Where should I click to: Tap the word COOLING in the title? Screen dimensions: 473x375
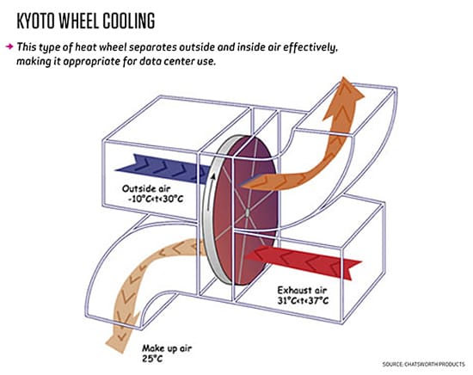[x=129, y=22]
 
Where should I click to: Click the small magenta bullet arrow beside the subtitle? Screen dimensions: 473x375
[x=9, y=46]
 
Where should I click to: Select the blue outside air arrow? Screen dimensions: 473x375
[x=163, y=169]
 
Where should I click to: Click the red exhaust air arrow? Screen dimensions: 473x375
[x=304, y=261]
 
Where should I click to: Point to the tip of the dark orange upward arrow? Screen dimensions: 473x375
[x=344, y=77]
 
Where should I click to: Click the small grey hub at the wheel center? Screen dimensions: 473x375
[x=248, y=213]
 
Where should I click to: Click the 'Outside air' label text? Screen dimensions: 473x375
[x=146, y=189]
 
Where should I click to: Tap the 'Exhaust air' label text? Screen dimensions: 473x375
[x=302, y=290]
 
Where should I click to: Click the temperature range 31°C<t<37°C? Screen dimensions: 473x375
[x=303, y=300]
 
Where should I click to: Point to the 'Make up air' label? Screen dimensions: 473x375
[x=167, y=348]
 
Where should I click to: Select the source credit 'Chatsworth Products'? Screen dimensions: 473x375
[x=434, y=364]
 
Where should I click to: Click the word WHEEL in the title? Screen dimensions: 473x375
[x=78, y=22]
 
